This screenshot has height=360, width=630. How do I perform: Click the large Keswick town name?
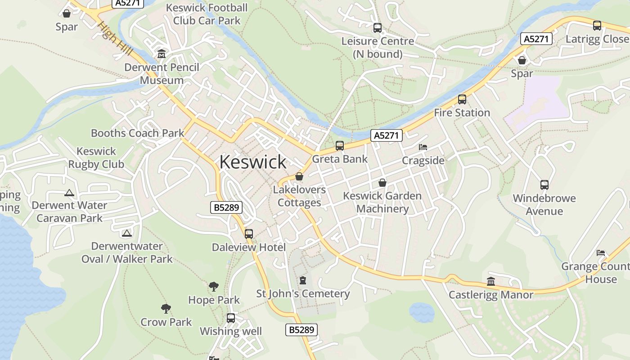pyautogui.click(x=253, y=162)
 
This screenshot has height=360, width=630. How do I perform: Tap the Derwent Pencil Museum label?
pyautogui.click(x=162, y=74)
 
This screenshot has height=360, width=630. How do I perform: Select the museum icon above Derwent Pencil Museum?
pyautogui.click(x=162, y=54)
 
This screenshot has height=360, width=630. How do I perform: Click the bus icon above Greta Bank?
pyautogui.click(x=340, y=146)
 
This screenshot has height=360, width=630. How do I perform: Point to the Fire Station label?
pyautogui.click(x=462, y=112)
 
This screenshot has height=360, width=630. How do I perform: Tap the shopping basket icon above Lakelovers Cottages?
pyautogui.click(x=299, y=176)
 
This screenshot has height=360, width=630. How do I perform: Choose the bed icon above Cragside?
pyautogui.click(x=423, y=147)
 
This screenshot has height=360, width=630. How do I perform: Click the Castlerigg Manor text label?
pyautogui.click(x=491, y=295)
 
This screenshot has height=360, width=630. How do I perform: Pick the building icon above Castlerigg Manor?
pyautogui.click(x=491, y=282)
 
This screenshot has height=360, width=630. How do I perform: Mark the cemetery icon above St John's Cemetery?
pyautogui.click(x=303, y=280)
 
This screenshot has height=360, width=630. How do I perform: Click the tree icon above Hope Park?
pyautogui.click(x=214, y=286)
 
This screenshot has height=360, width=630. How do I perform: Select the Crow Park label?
pyautogui.click(x=166, y=322)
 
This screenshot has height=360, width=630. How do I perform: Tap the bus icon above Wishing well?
pyautogui.click(x=231, y=318)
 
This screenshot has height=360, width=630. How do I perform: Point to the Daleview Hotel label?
pyautogui.click(x=249, y=247)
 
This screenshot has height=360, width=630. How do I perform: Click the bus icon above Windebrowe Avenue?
pyautogui.click(x=544, y=184)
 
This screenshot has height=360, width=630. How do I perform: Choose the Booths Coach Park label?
pyautogui.click(x=138, y=133)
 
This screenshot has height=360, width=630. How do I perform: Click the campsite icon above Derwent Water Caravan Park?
pyautogui.click(x=69, y=193)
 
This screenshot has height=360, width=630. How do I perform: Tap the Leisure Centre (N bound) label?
pyautogui.click(x=378, y=48)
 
